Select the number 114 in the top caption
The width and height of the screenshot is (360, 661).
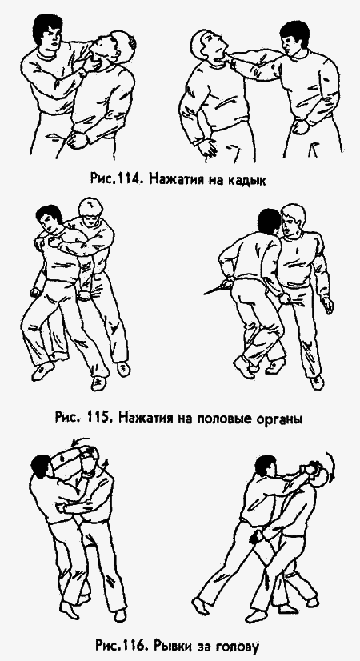(131, 178)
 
